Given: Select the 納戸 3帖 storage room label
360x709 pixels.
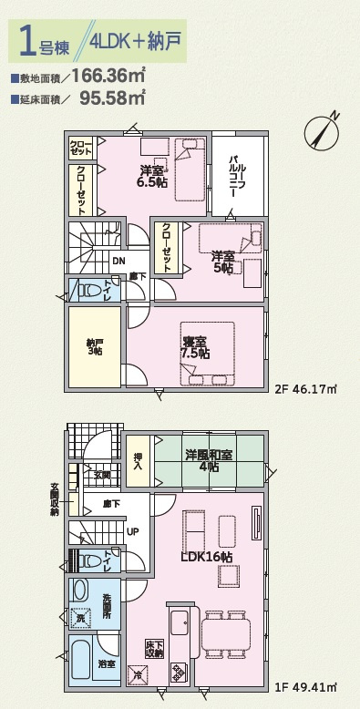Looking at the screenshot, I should click(95, 346).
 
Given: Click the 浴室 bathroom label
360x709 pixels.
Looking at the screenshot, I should click(108, 663).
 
